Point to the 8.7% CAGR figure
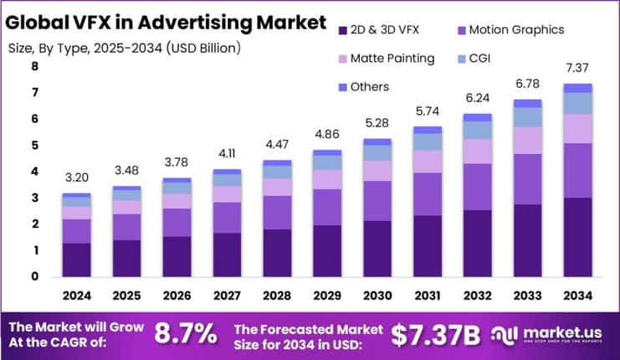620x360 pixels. pyautogui.click(x=186, y=333)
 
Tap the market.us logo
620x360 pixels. pyautogui.click(x=551, y=334)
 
